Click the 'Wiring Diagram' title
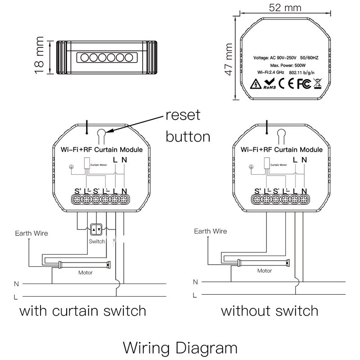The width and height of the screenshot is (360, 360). point(180,347)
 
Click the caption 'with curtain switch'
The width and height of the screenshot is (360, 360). point(83,310)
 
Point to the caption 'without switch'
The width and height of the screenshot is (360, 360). point(270,310)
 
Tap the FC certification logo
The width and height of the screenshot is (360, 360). point(304,83)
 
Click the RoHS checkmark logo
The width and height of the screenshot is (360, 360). point(269,83)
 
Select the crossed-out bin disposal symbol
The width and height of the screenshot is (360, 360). point(316,83)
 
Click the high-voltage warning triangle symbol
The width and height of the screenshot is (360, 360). point(254,84)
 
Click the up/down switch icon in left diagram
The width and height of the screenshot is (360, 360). point(96,230)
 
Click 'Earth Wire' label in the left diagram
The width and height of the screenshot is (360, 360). point(31,234)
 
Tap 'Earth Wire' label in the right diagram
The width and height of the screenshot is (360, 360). point(210,231)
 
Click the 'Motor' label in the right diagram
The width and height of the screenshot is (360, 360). point(264,271)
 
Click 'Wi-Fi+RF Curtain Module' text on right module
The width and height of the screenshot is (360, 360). point(281,149)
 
